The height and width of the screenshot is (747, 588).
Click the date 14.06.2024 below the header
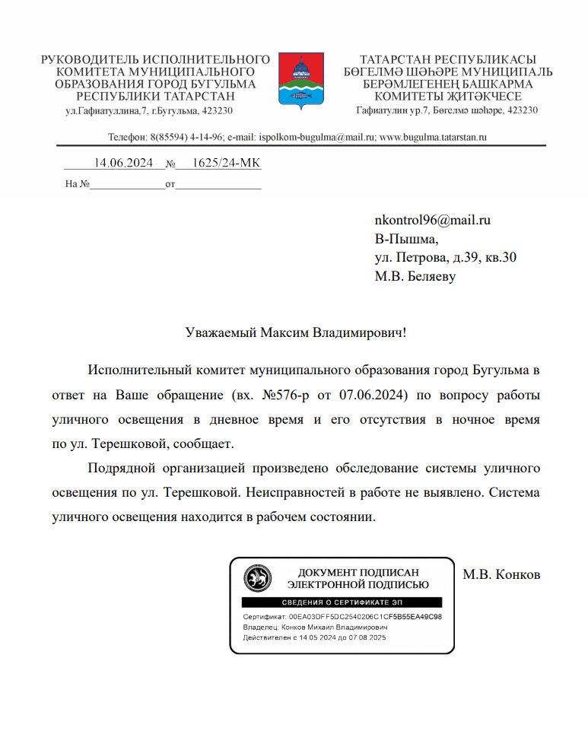124,163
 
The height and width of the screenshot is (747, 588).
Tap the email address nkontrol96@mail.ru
432,221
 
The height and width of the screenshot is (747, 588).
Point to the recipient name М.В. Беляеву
415,277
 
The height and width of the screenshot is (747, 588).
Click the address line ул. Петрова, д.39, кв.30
446,258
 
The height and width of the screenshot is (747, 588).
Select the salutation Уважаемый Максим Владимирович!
296,332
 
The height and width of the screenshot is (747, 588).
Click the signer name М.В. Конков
501,574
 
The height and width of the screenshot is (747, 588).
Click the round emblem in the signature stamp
257,579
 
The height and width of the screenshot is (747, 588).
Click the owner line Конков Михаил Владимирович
334,628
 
